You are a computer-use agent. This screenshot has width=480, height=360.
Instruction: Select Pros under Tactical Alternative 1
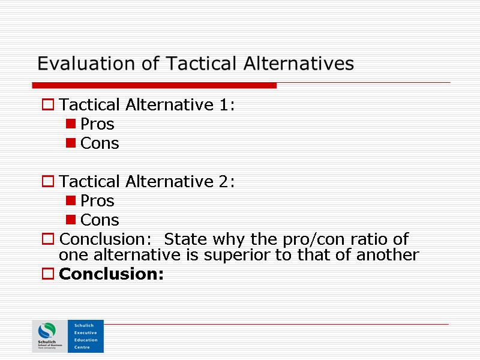click(97, 125)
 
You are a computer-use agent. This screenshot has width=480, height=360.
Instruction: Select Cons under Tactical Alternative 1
click(100, 144)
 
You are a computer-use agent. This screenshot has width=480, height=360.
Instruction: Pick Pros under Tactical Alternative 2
click(97, 201)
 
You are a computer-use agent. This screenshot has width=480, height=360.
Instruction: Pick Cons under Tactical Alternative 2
click(100, 220)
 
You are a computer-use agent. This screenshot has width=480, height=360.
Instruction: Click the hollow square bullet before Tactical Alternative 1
click(47, 106)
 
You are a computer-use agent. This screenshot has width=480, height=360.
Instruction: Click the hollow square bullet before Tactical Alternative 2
click(47, 182)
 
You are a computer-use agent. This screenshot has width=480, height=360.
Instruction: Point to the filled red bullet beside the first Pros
click(71, 125)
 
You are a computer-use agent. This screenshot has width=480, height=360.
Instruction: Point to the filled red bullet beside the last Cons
click(71, 220)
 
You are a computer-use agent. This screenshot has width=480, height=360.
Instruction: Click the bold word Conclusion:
click(112, 275)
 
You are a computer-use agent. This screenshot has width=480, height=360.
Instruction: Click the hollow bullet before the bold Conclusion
click(47, 275)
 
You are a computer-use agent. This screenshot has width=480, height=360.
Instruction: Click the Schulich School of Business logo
click(49, 336)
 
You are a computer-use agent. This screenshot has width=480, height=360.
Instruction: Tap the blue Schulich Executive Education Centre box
click(85, 336)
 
